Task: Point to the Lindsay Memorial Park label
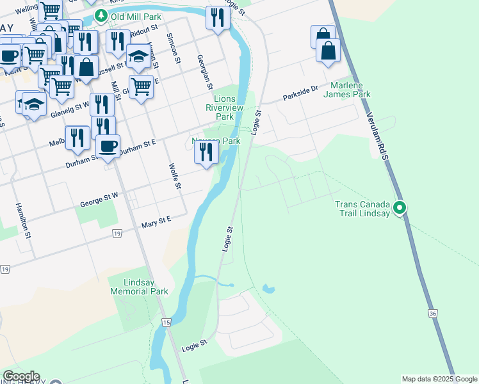click(139, 286)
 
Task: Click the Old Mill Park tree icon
click(100, 15)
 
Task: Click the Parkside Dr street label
click(301, 94)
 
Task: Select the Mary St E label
click(158, 221)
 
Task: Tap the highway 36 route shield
click(433, 313)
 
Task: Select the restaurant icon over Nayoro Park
click(206, 152)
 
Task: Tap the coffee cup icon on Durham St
click(108, 145)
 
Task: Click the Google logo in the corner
click(21, 376)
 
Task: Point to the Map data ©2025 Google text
click(439, 379)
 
